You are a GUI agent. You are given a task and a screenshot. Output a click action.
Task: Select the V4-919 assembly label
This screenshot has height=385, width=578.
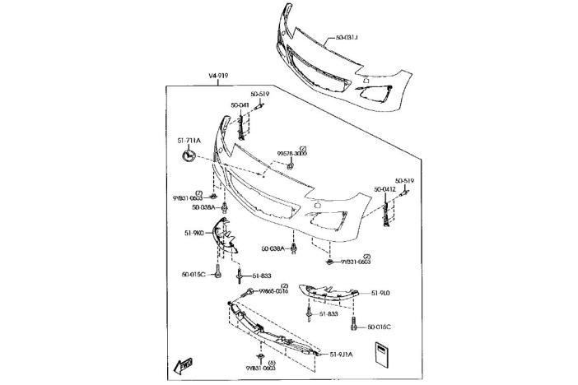(220, 77)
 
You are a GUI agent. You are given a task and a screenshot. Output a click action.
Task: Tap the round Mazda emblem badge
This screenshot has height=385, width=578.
(189, 155)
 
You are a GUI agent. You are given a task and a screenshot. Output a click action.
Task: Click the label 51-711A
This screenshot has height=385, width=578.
(189, 140)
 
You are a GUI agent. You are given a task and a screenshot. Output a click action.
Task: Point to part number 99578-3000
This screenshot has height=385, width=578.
(291, 153)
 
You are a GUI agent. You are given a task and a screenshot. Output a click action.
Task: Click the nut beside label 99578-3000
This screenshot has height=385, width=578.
(291, 166)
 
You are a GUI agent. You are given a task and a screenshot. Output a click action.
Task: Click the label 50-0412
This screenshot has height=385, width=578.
(385, 189)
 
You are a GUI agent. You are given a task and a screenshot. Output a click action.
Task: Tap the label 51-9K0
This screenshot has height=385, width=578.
(194, 233)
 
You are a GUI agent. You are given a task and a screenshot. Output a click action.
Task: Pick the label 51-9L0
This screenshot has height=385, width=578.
(380, 293)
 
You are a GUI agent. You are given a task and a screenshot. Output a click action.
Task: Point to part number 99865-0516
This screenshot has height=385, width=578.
(273, 291)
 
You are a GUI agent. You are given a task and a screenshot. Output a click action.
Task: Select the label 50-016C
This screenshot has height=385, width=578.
(380, 327)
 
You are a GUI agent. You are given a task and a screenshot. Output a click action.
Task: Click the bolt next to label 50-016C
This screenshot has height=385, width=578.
(354, 324)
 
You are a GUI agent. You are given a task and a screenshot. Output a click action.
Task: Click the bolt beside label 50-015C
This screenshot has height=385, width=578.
(218, 272)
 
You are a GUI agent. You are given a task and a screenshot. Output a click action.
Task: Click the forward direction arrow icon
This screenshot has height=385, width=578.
(184, 365)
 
